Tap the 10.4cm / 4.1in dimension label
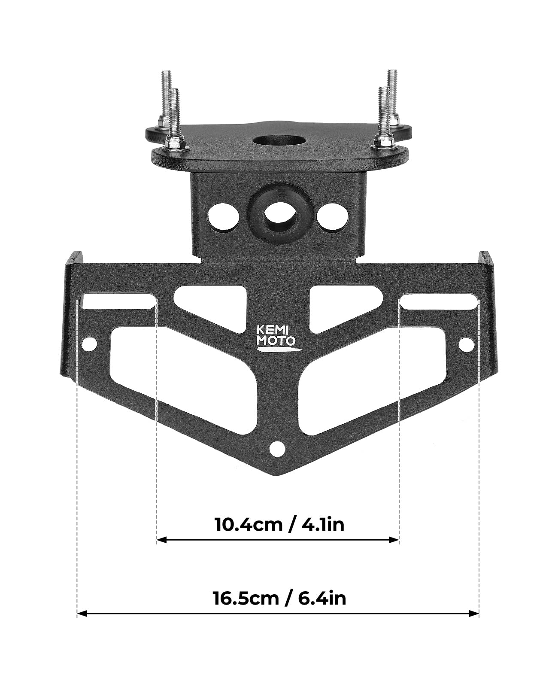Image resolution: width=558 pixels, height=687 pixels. [x=279, y=524]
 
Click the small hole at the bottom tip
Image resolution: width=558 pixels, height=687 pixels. [x=277, y=449]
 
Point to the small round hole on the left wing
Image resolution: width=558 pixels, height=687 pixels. [x=89, y=343]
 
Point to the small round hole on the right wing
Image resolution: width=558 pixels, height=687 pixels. [x=466, y=344]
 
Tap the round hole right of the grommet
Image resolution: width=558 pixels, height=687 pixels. [x=332, y=216]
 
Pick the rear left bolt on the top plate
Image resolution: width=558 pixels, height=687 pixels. [x=166, y=97]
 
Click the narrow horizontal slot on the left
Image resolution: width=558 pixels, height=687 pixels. [x=118, y=301]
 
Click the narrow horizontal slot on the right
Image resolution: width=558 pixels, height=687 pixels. [x=439, y=301]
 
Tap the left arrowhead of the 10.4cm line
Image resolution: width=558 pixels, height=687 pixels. [x=161, y=539]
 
